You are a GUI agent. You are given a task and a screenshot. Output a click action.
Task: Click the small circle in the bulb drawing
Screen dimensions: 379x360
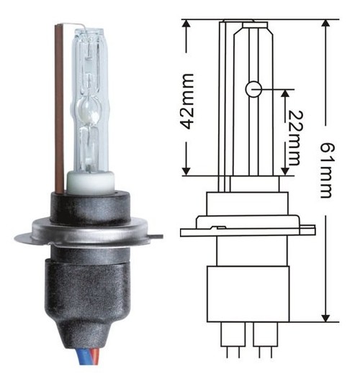pos(253,89)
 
